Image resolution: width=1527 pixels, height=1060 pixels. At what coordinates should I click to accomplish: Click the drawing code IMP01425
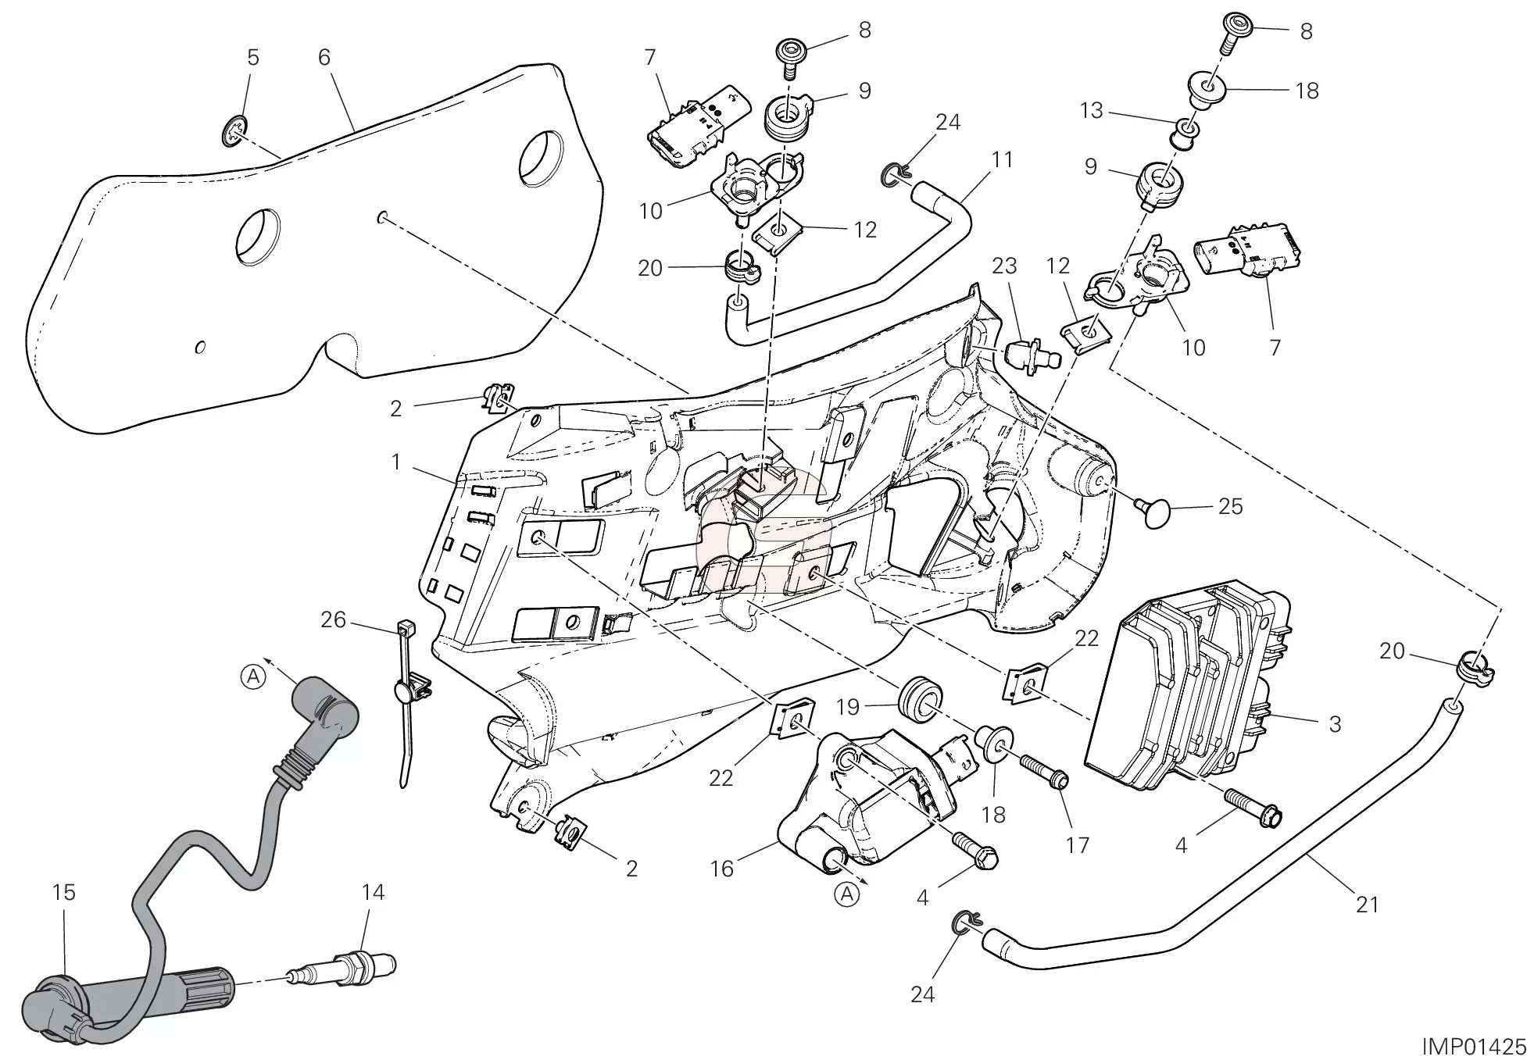coord(1472,1045)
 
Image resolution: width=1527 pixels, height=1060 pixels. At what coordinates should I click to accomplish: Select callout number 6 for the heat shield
coord(324,57)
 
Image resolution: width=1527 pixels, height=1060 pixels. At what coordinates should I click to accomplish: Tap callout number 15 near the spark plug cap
coord(64,892)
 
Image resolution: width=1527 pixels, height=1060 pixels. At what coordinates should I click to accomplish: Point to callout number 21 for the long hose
coord(1367,905)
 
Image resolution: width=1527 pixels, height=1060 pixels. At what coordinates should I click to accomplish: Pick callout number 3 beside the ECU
coord(1335,724)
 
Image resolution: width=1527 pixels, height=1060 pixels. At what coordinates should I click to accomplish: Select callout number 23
coord(1004,266)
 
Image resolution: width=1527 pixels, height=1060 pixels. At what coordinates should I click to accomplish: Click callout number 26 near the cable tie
coord(333,619)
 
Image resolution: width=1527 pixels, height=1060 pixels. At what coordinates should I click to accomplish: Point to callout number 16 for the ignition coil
coord(721,869)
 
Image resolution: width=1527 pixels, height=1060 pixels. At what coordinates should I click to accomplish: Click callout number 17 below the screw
coord(1078,844)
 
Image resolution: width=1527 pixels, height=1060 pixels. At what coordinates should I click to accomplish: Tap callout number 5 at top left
coord(252,57)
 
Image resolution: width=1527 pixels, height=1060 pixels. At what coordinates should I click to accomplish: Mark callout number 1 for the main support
coord(396,462)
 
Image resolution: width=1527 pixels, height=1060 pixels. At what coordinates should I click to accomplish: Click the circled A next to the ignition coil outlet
coord(848,894)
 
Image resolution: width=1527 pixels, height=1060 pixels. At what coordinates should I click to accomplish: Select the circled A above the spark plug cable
coord(252,676)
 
